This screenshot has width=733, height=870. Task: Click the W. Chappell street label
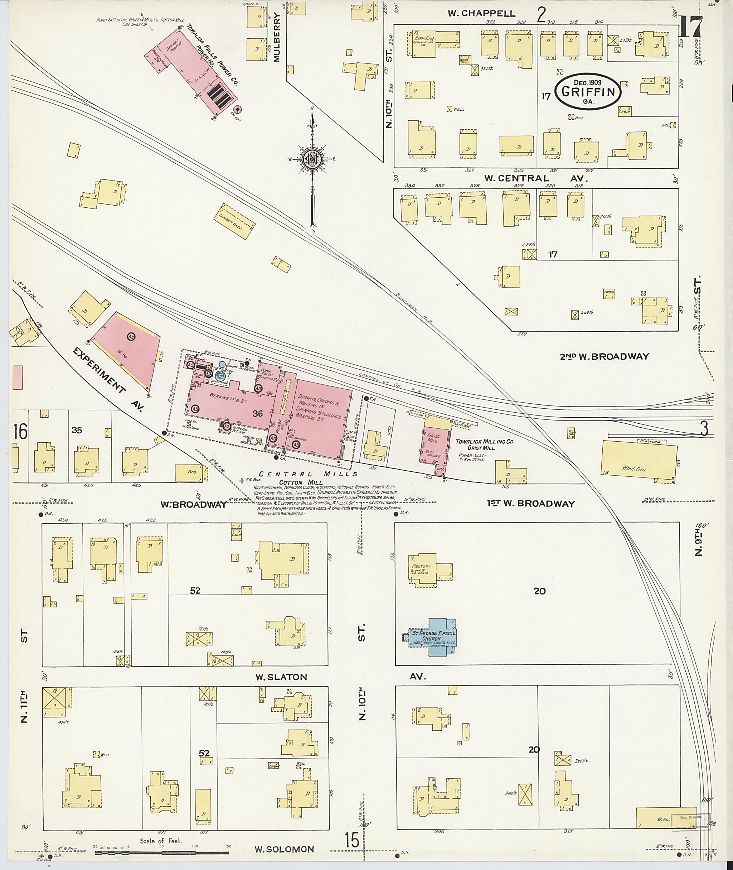(476, 13)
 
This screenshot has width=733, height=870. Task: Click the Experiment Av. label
(108, 379)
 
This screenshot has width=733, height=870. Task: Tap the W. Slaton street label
(281, 677)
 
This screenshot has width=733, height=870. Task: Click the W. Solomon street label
(284, 849)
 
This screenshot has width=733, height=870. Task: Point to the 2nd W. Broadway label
(604, 356)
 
